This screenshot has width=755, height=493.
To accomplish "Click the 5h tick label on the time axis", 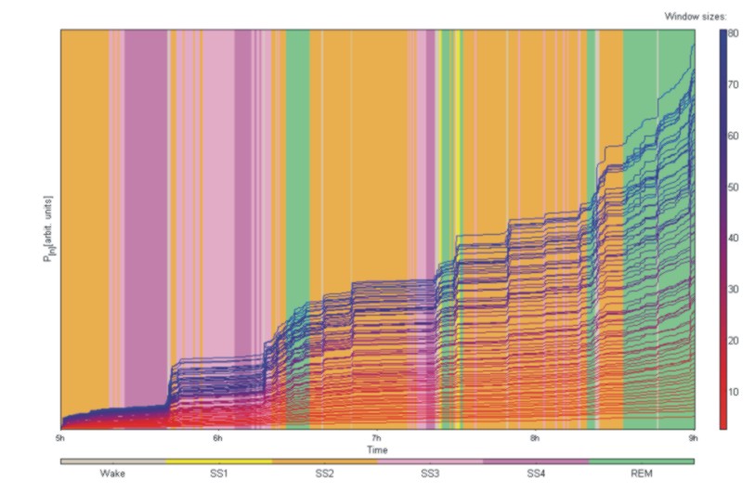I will tap(60, 438).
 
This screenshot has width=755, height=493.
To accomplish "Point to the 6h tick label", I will tap(218, 438).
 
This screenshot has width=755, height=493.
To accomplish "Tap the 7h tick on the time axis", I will tap(377, 438).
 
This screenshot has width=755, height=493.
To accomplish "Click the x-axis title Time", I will tap(377, 449).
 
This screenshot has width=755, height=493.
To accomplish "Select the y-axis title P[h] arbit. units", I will tap(46, 229).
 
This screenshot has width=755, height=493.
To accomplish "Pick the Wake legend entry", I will tap(112, 473).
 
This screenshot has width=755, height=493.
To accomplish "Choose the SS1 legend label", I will tap(218, 473).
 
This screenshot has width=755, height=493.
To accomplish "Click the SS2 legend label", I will tap(324, 473).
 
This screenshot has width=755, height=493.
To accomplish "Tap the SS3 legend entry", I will tap(430, 473).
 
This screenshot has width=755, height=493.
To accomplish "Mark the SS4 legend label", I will tap(536, 473).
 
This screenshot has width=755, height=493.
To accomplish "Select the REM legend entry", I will tap(642, 473).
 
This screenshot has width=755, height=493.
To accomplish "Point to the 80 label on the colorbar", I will tap(734, 33).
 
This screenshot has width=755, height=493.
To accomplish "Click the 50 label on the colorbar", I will tap(734, 188).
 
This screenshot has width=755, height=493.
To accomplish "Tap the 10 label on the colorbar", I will tap(734, 392).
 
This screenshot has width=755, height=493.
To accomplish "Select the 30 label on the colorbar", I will tap(734, 290).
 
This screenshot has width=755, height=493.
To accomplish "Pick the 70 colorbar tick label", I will tap(734, 84).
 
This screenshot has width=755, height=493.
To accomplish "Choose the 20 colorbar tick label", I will tap(734, 341).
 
